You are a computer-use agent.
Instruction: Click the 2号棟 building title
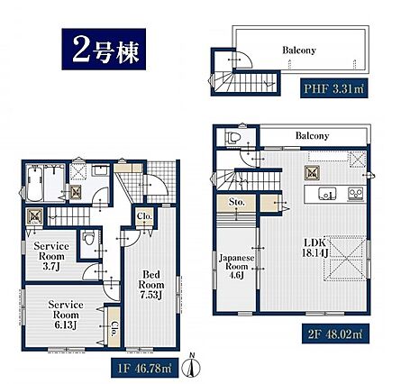pyautogui.click(x=104, y=50)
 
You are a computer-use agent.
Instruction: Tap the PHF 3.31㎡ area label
pyautogui.click(x=333, y=89)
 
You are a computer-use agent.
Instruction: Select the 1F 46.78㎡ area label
pyautogui.click(x=144, y=368)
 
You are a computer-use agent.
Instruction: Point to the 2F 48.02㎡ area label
pyautogui.click(x=335, y=334)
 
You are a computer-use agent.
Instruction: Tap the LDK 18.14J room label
pyautogui.click(x=314, y=248)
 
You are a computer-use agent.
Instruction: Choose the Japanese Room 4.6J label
pyautogui.click(x=236, y=267)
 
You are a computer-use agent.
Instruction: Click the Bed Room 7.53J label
pyautogui.click(x=151, y=285)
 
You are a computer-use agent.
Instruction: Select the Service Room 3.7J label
pyautogui.click(x=51, y=256)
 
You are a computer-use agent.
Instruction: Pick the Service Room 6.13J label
pyautogui.click(x=66, y=315)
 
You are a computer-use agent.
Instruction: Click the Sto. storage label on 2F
pyautogui.click(x=237, y=202)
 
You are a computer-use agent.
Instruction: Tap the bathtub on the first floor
pyautogui.click(x=34, y=184)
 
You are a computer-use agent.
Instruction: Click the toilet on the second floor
pyautogui.click(x=233, y=138)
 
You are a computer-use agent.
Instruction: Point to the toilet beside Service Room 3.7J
pyautogui.click(x=88, y=237)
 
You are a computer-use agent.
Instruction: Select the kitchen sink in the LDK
pyautogui.click(x=327, y=194)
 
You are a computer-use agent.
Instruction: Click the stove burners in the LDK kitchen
pyautogui.click(x=356, y=194)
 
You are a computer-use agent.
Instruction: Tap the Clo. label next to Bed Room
pyautogui.click(x=144, y=216)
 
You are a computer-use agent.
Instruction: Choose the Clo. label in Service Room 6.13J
pyautogui.click(x=114, y=329)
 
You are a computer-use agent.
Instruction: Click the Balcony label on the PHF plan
pyautogui.click(x=299, y=50)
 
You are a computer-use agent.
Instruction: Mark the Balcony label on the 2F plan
pyautogui.click(x=313, y=135)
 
